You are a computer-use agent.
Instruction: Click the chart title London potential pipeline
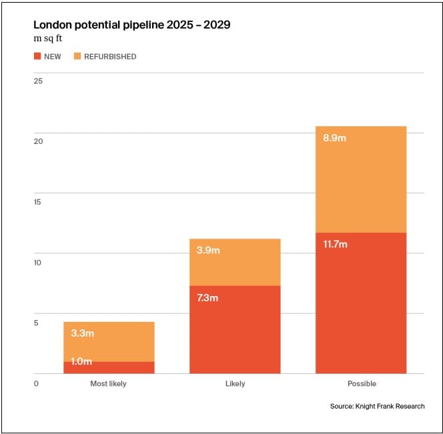[x=132, y=25]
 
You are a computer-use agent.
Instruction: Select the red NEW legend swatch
[x=37, y=57]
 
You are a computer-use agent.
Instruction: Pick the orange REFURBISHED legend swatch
[x=77, y=57]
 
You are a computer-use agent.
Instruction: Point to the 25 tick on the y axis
[x=38, y=81]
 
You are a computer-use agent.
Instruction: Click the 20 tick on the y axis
[x=38, y=141]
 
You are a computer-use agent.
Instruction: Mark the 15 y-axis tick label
[x=38, y=202]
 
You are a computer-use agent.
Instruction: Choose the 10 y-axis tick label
[x=38, y=262]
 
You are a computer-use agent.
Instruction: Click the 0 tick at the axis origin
[x=36, y=383]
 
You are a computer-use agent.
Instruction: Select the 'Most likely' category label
[x=108, y=383]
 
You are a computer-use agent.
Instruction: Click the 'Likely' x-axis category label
[x=235, y=383]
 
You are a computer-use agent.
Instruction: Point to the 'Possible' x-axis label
[x=362, y=383]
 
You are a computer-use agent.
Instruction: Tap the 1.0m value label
[x=82, y=362]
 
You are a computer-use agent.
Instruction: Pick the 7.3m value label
[x=207, y=298]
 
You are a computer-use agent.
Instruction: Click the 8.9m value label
[x=334, y=138]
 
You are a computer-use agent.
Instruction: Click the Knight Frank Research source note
[x=377, y=406]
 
